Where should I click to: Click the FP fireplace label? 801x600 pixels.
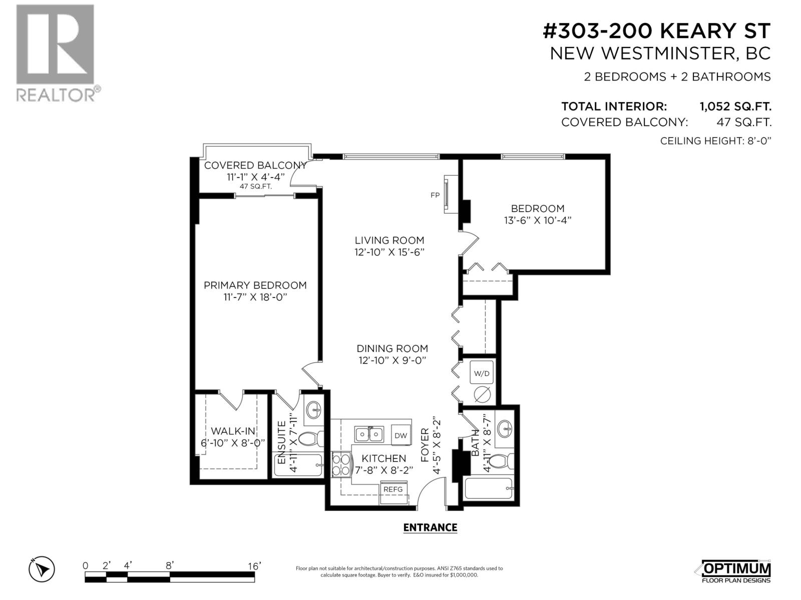[x=435, y=195]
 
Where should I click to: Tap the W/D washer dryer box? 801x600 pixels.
[x=482, y=373]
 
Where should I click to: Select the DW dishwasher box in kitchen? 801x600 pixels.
[x=400, y=435]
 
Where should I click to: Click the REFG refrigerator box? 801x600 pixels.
[x=393, y=489]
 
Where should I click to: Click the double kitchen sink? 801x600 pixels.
[x=369, y=433]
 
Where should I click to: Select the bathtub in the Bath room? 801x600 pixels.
[x=489, y=488]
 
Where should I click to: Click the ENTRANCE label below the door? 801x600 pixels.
[x=430, y=527]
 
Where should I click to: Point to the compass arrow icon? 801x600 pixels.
[x=42, y=569]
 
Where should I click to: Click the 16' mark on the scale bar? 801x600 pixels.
[x=254, y=566]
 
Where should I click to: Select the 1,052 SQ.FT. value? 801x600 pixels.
[x=735, y=106]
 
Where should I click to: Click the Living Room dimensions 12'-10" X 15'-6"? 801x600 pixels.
[x=389, y=252]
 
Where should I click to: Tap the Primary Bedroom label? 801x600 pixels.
[x=255, y=285]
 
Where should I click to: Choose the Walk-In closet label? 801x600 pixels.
[x=233, y=431]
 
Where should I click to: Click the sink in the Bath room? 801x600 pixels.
[x=505, y=428]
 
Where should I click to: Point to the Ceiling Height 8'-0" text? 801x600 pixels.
[x=715, y=140]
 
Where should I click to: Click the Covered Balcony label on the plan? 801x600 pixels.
[x=255, y=165]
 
